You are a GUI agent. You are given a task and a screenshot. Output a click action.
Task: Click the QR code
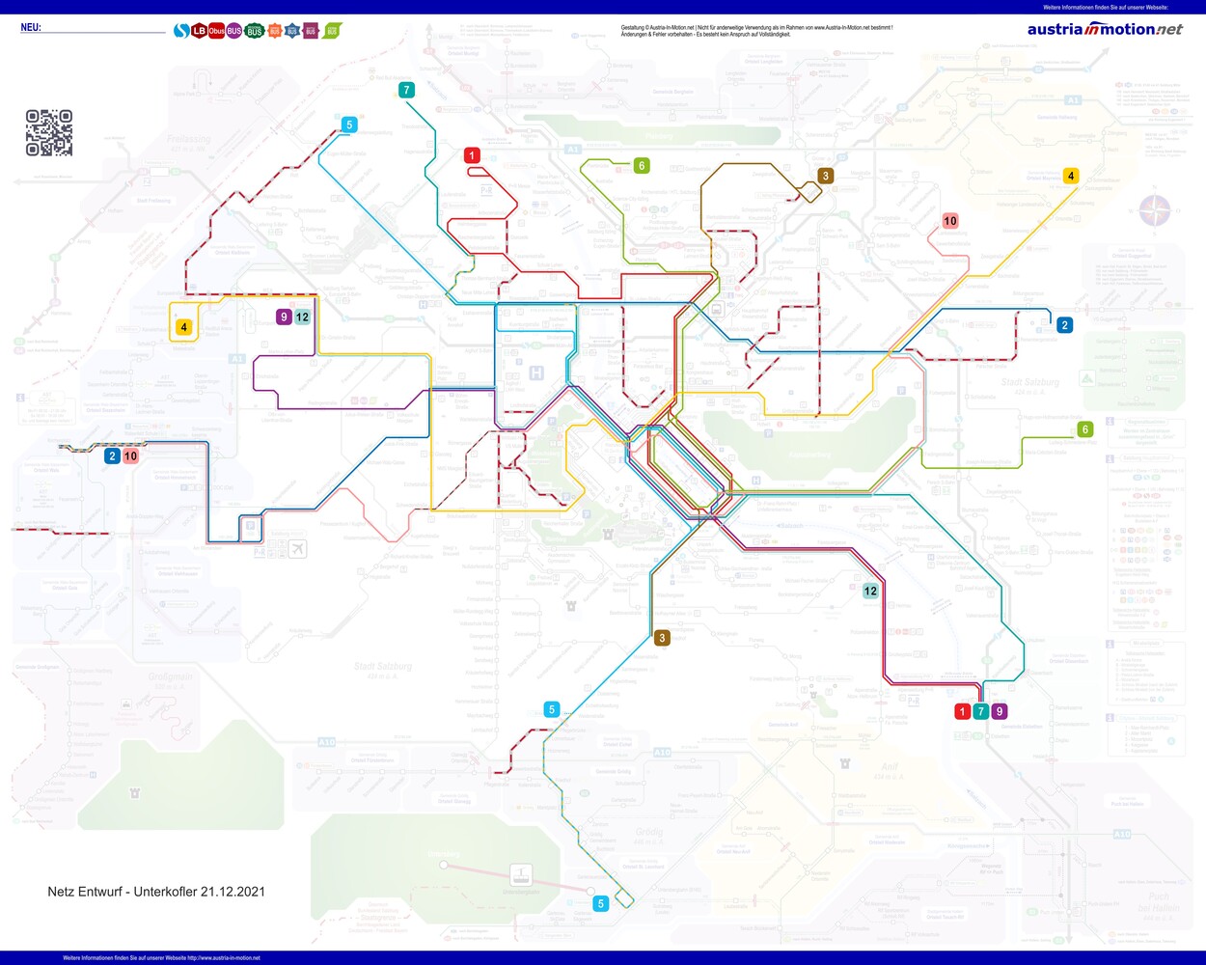(x=49, y=133)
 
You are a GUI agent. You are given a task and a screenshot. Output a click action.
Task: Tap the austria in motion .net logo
(x=1105, y=29)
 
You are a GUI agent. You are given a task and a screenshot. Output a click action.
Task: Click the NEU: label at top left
(x=31, y=28)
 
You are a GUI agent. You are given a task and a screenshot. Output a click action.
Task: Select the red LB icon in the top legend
(x=199, y=31)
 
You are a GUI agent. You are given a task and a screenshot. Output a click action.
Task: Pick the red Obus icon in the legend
(x=216, y=31)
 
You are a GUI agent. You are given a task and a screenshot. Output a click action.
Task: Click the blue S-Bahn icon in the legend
(x=180, y=31)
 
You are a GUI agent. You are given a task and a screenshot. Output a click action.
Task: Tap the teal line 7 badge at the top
(x=406, y=91)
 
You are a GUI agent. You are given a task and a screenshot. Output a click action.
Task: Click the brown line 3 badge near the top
(x=825, y=177)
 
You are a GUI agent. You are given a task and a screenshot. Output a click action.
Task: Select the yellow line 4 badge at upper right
(x=1070, y=176)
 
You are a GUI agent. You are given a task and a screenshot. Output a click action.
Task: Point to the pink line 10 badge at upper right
(x=950, y=221)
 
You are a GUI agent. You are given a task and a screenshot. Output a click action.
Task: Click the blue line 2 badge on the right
(x=1064, y=325)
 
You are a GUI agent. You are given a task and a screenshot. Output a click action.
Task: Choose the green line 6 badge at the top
(x=642, y=166)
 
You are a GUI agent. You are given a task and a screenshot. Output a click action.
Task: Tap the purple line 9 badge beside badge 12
(x=284, y=317)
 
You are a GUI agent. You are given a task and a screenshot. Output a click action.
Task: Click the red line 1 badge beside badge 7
(x=962, y=712)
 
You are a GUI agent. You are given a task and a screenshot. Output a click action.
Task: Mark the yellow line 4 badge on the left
(x=184, y=328)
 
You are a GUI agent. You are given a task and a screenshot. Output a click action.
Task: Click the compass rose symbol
(x=1155, y=209)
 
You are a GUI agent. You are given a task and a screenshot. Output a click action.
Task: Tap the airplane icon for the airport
(x=297, y=549)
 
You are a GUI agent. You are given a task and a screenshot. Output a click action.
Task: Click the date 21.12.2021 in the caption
(x=233, y=892)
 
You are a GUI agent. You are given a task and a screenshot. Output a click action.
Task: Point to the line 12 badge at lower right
(x=870, y=591)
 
